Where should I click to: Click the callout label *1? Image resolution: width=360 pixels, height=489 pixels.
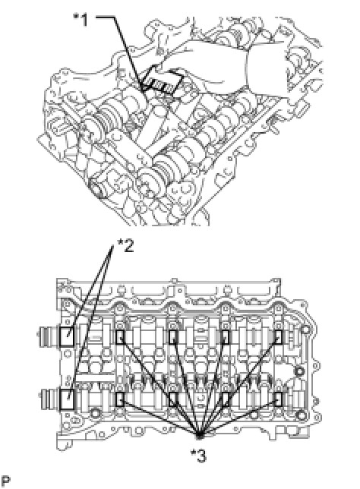tap(81, 21)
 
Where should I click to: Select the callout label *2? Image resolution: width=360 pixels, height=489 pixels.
tap(125, 245)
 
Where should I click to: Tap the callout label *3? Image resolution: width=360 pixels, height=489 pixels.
tap(199, 456)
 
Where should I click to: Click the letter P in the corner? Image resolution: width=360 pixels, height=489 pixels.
tap(5, 481)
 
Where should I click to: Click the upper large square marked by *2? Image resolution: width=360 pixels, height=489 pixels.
tap(67, 337)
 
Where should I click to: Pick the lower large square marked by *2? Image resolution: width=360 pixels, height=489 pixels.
tap(67, 399)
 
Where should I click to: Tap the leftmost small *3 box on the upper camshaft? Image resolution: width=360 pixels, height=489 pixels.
tap(120, 337)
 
